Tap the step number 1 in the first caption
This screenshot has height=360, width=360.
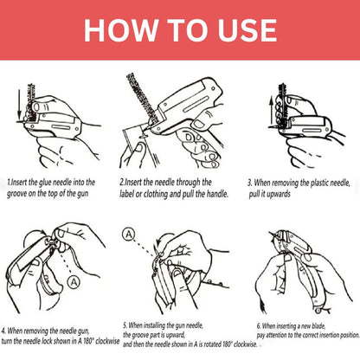(9, 183)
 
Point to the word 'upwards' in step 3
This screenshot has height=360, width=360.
(279, 196)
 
